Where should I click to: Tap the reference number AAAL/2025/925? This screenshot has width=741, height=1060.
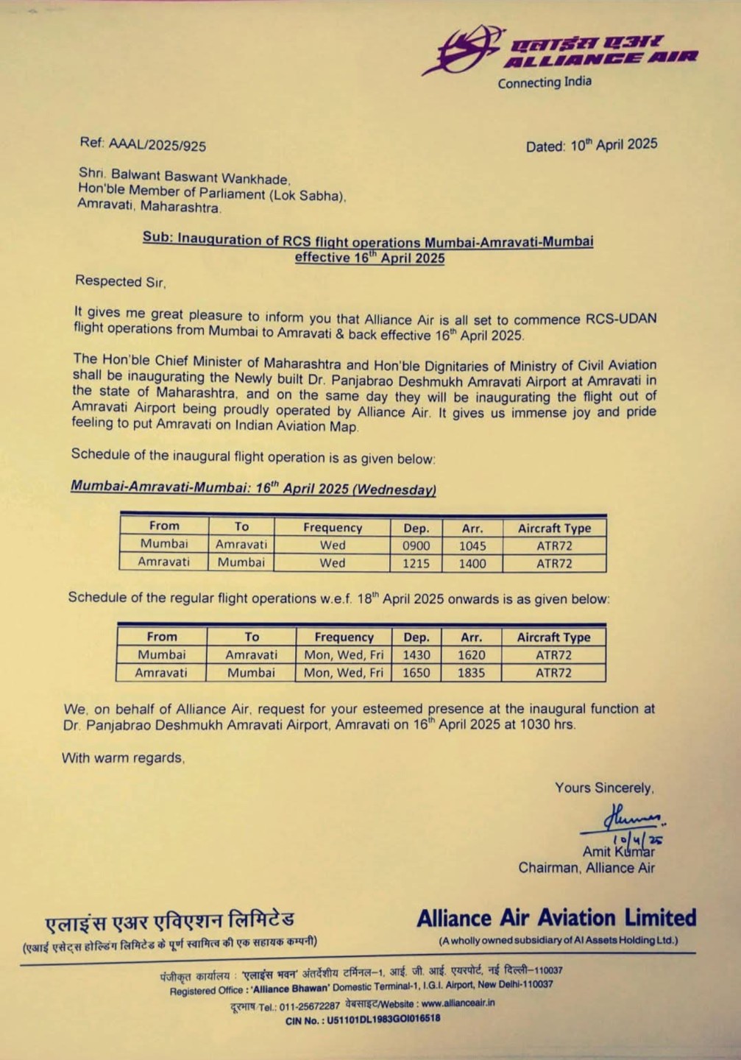pyautogui.click(x=157, y=145)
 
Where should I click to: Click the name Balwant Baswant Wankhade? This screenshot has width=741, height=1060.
pyautogui.click(x=200, y=177)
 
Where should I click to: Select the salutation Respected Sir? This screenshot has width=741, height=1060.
pyautogui.click(x=121, y=281)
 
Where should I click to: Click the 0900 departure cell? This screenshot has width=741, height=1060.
pyautogui.click(x=416, y=545)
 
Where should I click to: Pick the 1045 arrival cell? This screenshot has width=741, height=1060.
pyautogui.click(x=472, y=545)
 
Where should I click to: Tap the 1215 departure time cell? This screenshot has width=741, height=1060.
pyautogui.click(x=416, y=563)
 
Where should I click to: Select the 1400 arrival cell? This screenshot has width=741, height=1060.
pyautogui.click(x=472, y=563)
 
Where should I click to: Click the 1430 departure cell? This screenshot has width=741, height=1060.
pyautogui.click(x=416, y=654)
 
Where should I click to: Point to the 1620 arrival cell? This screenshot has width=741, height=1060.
pyautogui.click(x=471, y=654)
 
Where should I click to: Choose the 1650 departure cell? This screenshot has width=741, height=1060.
pyautogui.click(x=416, y=672)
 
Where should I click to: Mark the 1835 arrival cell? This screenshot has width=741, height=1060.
pyautogui.click(x=471, y=672)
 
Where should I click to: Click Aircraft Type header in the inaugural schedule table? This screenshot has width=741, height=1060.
pyautogui.click(x=554, y=528)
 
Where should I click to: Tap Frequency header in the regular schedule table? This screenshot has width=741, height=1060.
pyautogui.click(x=344, y=637)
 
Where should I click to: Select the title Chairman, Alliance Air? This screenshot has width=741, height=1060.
pyautogui.click(x=586, y=868)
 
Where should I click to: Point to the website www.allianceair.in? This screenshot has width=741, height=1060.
pyautogui.click(x=458, y=1003)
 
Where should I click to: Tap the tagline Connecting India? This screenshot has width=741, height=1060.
pyautogui.click(x=544, y=82)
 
